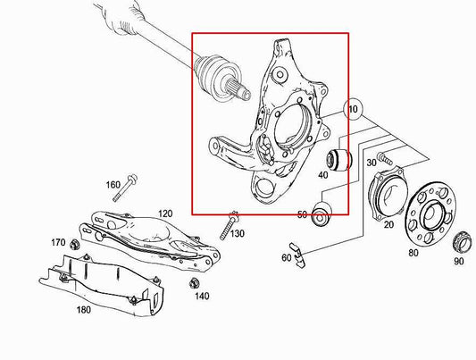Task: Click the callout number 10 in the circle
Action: [x=354, y=111]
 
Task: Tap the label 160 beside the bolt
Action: [x=113, y=185]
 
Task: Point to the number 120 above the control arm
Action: [x=165, y=213]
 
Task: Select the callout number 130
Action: [x=237, y=234]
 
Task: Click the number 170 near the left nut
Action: [x=57, y=242]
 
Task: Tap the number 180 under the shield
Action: [x=84, y=311]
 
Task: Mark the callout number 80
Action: [x=413, y=254]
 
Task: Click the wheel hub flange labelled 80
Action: [x=430, y=215]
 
